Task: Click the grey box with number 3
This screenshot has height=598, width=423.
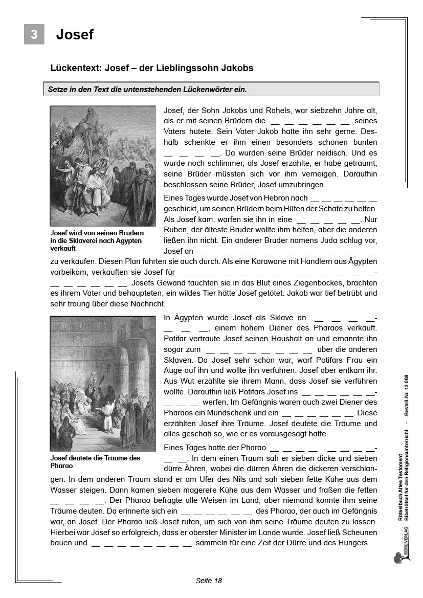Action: pos(34,34)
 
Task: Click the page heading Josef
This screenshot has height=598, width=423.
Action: pos(75,34)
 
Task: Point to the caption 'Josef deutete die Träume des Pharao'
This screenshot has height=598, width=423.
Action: pos(95,462)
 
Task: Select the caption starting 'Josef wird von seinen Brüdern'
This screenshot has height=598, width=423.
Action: pos(96,240)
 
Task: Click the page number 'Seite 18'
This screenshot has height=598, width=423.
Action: pos(209,581)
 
